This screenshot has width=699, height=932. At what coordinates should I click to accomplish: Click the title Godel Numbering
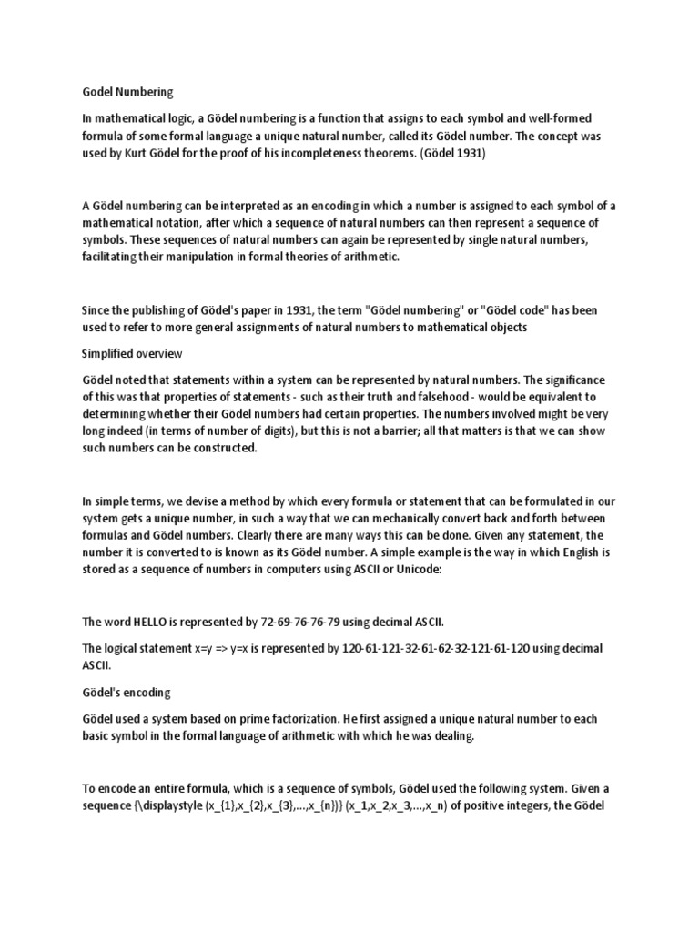pos(127,92)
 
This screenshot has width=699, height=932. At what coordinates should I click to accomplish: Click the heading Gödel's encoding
pos(127,692)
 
